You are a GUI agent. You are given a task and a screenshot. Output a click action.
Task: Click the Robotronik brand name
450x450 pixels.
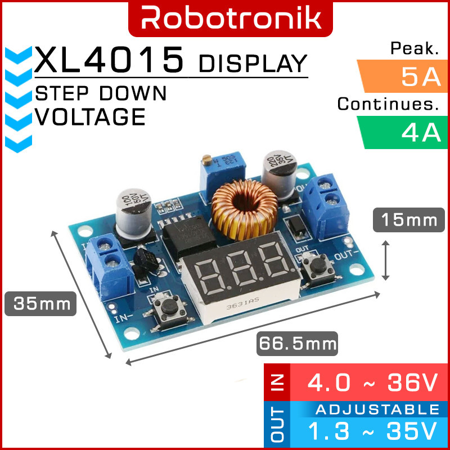click(x=231, y=18)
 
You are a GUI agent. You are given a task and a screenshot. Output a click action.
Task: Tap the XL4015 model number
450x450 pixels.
click(x=110, y=61)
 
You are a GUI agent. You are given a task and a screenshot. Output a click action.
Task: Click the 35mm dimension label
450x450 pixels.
click(x=38, y=304)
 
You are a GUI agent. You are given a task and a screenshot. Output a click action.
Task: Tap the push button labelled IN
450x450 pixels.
click(x=166, y=308)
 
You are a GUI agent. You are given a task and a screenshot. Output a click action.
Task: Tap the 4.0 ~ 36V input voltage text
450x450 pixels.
click(x=371, y=384)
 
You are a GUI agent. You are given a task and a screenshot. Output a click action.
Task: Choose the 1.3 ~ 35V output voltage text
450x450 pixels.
click(x=371, y=432)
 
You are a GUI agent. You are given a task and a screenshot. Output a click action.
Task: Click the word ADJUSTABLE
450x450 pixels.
click(x=377, y=409)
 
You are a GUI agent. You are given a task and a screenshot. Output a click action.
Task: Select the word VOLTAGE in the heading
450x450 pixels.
click(x=90, y=117)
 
